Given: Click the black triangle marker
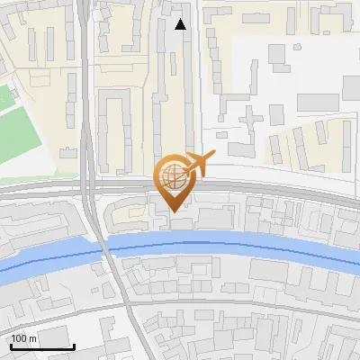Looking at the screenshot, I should click(181, 24).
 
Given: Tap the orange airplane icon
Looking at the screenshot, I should click(198, 164).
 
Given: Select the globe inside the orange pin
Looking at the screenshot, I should click(175, 178).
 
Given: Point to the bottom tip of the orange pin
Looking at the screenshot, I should click(175, 211).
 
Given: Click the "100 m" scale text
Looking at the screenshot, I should click(23, 338).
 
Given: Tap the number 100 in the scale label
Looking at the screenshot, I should click(19, 338).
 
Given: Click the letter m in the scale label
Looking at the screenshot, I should click(32, 339).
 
